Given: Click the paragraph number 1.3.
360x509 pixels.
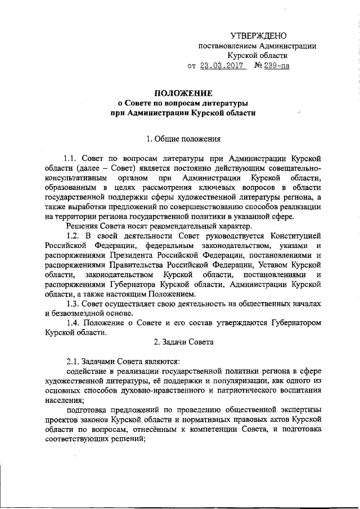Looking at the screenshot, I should click(x=74, y=304).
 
